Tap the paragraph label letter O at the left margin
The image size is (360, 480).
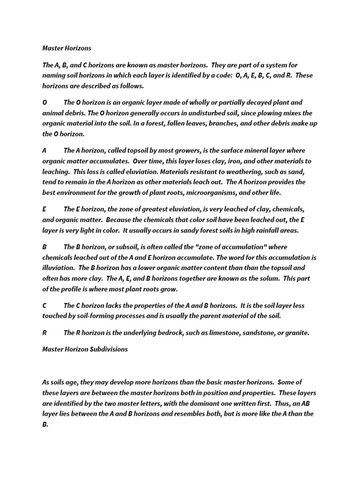(x=45, y=103)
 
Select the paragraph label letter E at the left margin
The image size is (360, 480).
(x=44, y=209)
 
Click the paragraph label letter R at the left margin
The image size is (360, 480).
(x=45, y=333)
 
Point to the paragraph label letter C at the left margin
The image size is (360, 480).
(x=45, y=306)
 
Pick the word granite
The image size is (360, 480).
(x=297, y=333)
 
